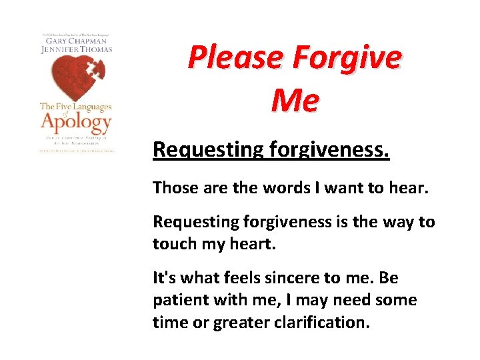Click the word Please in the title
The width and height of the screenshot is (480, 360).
(233, 57)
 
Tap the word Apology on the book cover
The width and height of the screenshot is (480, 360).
(75, 123)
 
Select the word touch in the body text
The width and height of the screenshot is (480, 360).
(174, 243)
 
